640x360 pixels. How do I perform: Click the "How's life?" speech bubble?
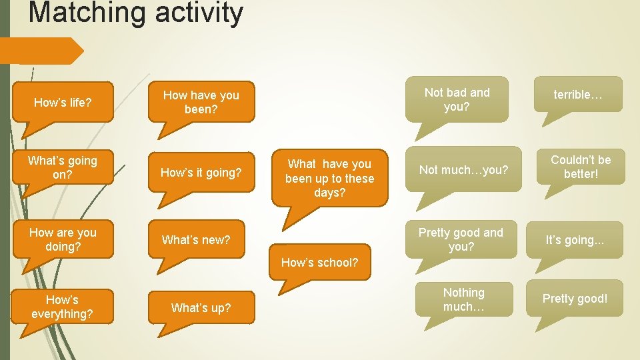pos(63,102)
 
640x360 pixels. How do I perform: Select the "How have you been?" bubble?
pos(201,102)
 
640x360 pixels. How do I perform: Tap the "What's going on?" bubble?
pos(63,167)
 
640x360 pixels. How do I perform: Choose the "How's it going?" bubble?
pos(201,173)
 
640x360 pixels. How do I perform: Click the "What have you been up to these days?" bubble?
pos(329,177)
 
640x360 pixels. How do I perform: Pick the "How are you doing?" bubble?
pos(63,239)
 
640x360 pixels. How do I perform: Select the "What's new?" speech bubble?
pos(201,239)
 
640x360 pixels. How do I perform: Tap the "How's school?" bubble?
pos(319,262)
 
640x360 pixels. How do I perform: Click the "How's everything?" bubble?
pos(63,307)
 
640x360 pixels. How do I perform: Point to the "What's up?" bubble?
pos(201,307)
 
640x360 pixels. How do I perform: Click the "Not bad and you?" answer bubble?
pos(457,99)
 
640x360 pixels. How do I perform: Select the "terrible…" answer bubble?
pos(578,95)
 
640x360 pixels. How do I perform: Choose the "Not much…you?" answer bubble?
pos(463,169)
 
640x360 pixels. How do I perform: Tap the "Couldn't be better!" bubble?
pos(580,167)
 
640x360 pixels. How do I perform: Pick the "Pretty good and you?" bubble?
pos(461,239)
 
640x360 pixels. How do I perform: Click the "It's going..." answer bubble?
pos(575,240)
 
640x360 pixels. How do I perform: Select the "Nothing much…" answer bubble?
pos(464,299)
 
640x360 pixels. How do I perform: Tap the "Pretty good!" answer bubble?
pos(575,298)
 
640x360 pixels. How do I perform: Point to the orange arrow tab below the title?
pos(40,51)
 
